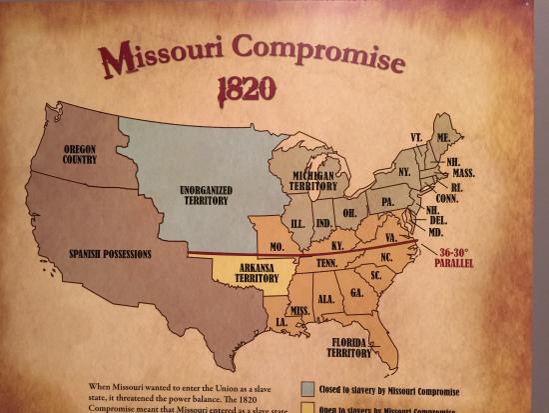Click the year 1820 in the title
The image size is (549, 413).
(246, 88)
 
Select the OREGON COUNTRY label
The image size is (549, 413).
(79, 153)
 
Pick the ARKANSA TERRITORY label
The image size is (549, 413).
(247, 275)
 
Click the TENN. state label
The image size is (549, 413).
(325, 263)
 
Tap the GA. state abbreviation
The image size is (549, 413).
(355, 293)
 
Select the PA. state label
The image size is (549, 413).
(387, 201)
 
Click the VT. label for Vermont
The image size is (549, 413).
(415, 136)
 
